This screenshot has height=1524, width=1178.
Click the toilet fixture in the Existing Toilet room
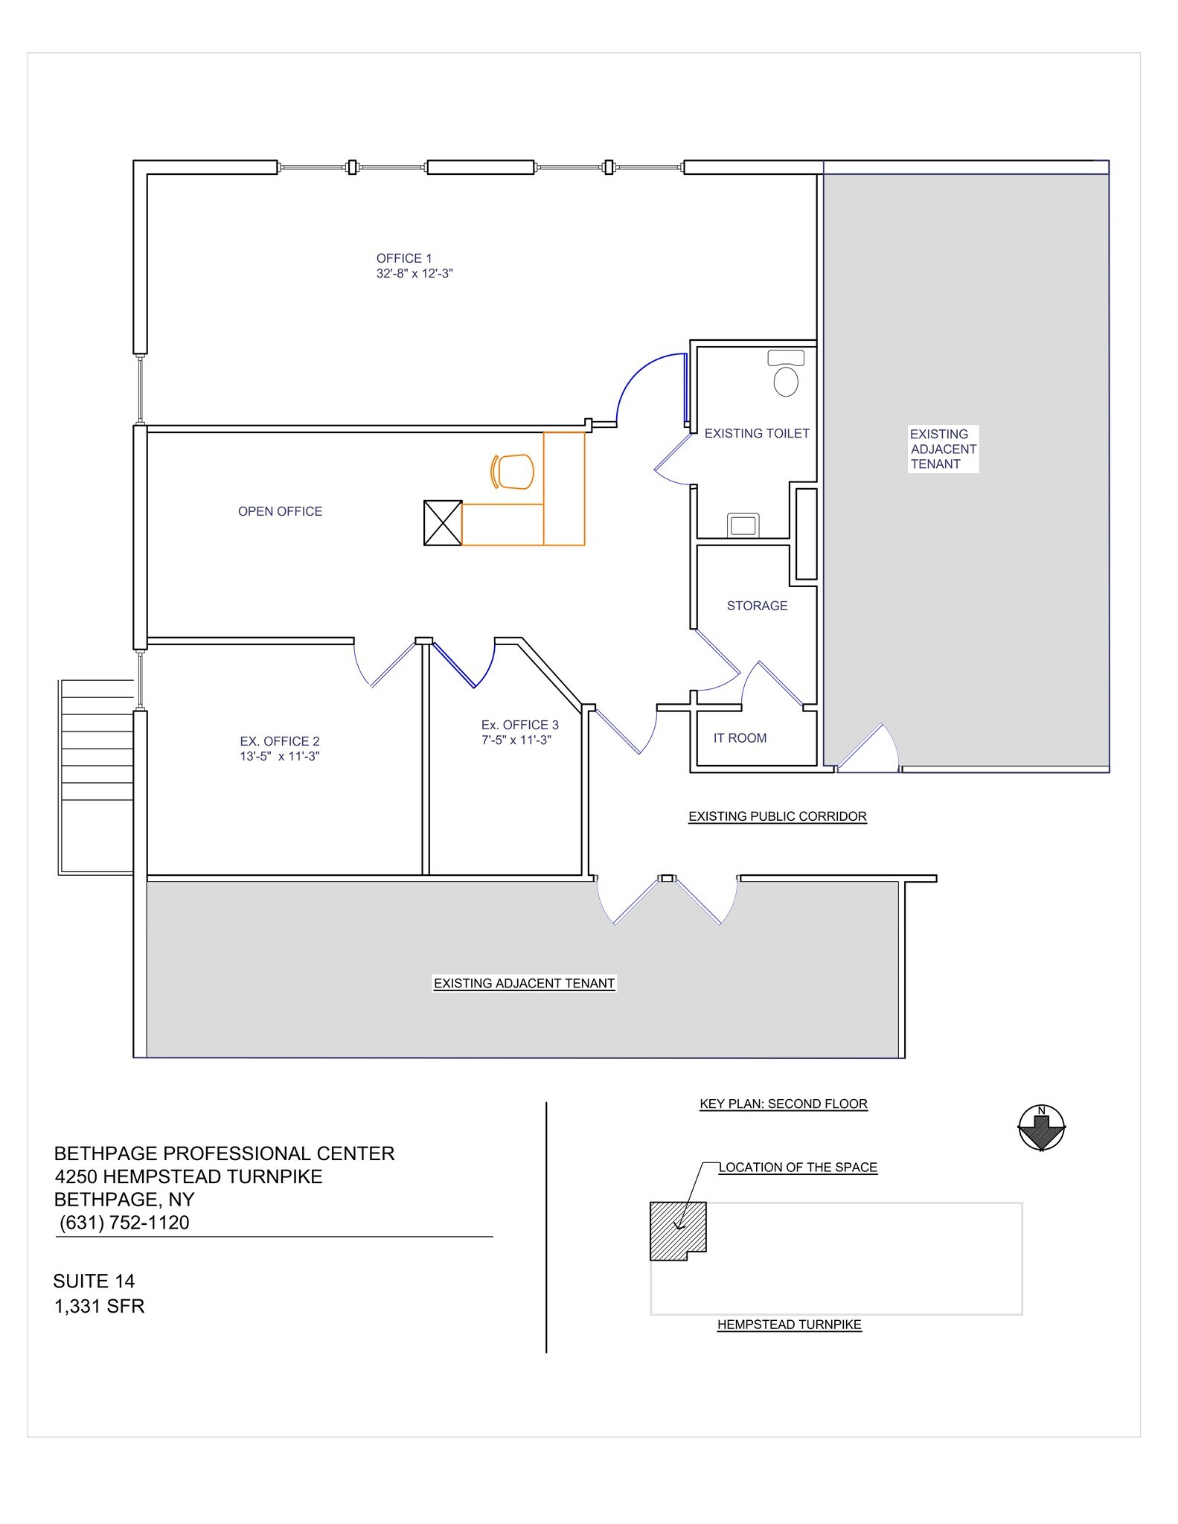pos(786,374)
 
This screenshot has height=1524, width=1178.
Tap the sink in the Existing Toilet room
pos(743,525)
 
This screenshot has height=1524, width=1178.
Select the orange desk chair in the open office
pos(513,472)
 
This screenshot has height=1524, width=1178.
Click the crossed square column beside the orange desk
pos(443,523)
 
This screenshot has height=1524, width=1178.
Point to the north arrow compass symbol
pos(1042,1128)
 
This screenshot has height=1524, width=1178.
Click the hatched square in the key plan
pos(677,1230)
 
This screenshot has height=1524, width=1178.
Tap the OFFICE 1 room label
pos(404,258)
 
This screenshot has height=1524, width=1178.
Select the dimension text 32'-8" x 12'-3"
pos(414,274)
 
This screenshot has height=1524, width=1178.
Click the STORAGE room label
pos(757,606)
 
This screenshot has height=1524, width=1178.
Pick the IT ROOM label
pos(740,738)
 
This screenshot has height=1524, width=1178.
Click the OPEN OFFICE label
pos(280,511)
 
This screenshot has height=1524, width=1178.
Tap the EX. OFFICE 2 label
pos(280,741)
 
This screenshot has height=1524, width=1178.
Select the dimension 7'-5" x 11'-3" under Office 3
pos(516,740)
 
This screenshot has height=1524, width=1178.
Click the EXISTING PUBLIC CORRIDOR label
pos(777,816)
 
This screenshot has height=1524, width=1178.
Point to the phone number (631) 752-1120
pos(124,1223)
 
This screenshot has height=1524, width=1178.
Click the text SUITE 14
pos(94,1281)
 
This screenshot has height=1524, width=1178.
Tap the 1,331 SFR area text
pos(99,1306)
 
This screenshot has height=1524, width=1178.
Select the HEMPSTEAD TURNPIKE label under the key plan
pos(789,1325)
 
